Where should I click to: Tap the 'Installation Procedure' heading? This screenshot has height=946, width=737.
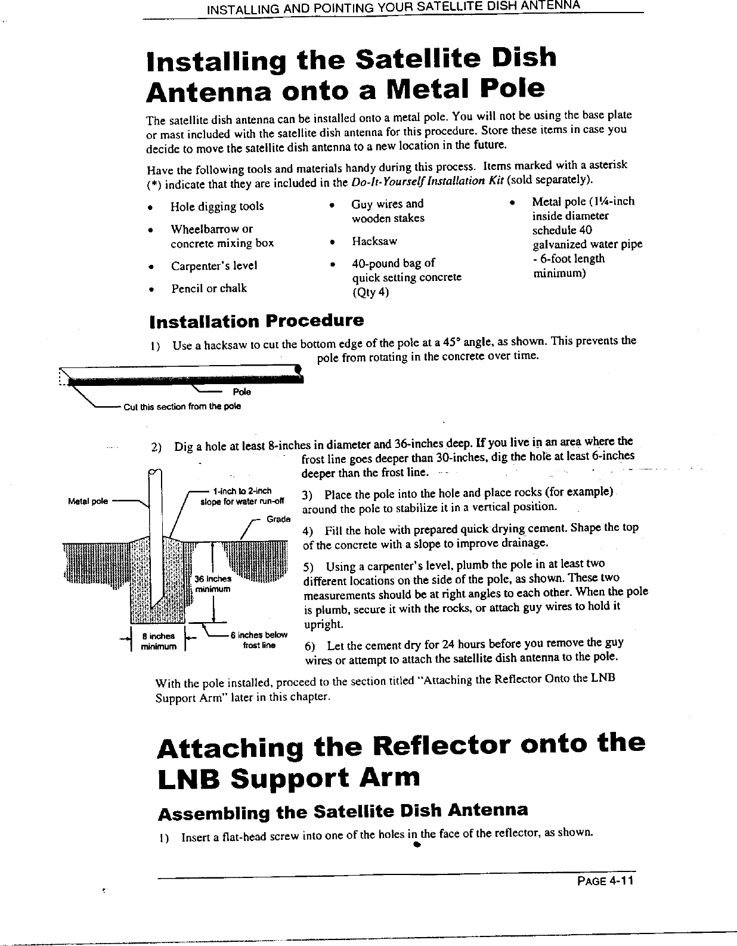[256, 321]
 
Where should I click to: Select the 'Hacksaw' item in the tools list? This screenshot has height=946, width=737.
[374, 242]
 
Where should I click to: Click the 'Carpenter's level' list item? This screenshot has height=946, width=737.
[214, 266]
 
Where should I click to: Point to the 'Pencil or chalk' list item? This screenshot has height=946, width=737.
[209, 289]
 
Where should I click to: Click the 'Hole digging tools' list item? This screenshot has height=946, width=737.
[217, 206]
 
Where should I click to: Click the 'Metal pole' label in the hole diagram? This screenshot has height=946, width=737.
[88, 501]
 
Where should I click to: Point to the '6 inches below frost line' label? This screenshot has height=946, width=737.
[258, 639]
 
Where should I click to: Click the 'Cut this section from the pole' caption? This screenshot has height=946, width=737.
[182, 407]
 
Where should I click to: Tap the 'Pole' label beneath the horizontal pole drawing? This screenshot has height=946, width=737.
[241, 392]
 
